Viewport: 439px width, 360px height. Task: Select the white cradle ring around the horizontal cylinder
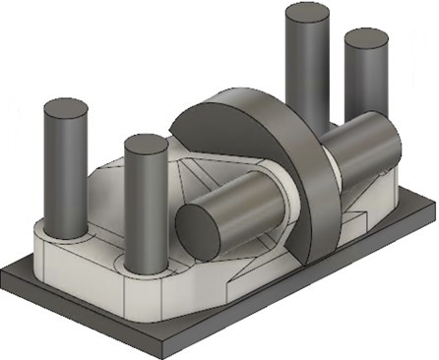(x=285, y=211)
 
